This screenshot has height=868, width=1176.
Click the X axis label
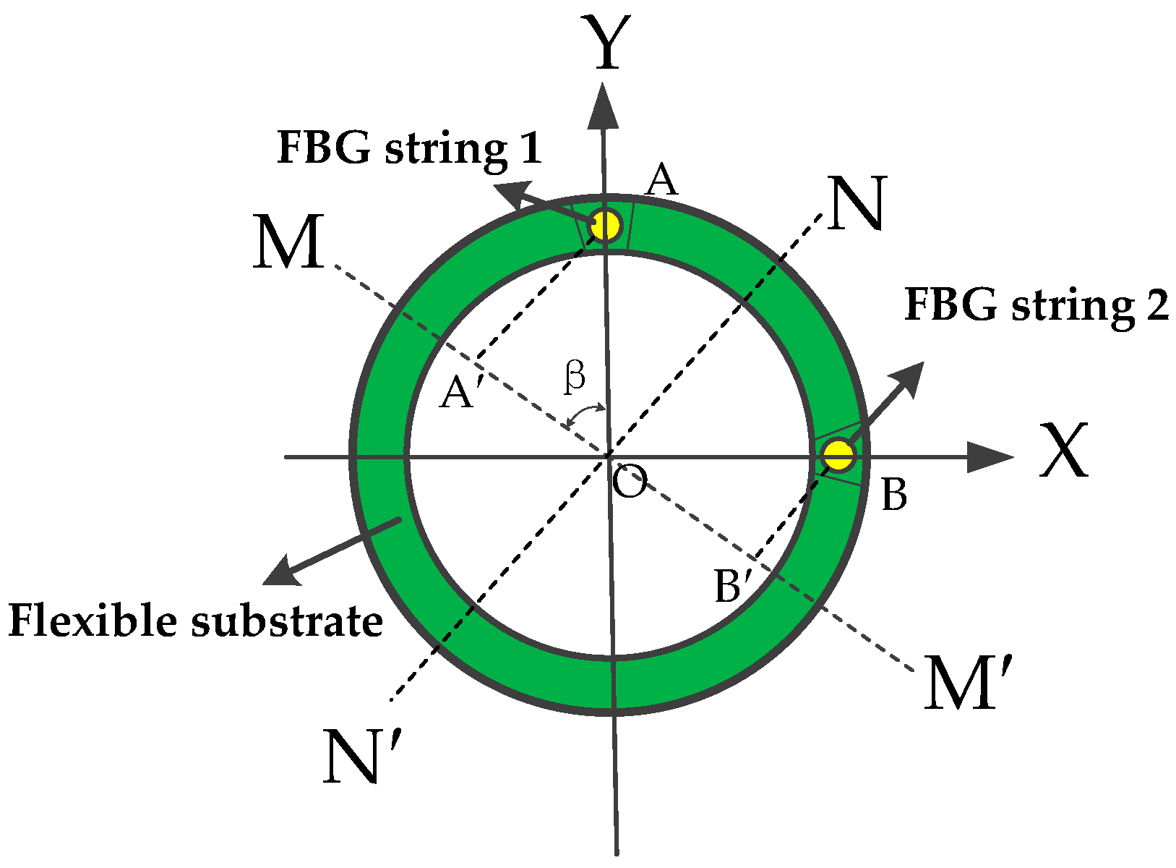1063,451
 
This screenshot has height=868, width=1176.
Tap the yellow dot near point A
605,225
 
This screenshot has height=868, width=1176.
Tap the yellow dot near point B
838,456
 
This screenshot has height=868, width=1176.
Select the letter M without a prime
288,243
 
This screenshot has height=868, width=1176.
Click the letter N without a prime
857,204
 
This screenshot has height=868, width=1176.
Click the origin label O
630,482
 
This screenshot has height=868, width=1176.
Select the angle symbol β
575,376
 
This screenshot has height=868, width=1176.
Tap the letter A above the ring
661,180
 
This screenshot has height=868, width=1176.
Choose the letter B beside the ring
894,495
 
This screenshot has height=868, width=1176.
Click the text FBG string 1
409,148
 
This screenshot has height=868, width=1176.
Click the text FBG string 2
1036,305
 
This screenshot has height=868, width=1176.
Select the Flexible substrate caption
195,621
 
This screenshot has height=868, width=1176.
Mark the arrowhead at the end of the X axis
990,457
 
